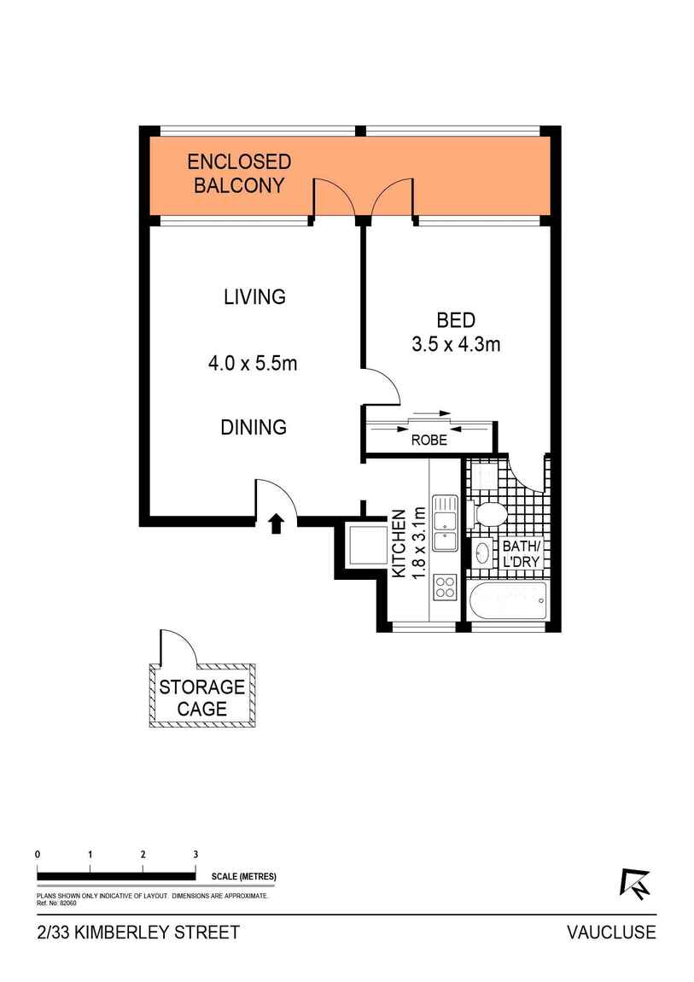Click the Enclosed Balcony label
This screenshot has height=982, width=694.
239,173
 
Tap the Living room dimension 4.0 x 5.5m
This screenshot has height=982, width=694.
253,364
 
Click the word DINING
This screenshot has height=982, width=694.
254,427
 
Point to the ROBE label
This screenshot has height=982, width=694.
429,441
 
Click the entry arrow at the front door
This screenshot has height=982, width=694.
276,523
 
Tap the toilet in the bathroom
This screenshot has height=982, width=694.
490,513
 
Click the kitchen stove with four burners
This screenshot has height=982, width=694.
445,587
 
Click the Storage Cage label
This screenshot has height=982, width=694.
202,697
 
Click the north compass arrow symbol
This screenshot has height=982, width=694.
634,883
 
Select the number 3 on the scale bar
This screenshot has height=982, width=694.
195,854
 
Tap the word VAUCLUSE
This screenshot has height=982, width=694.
611,932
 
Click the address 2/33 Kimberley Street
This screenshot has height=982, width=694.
138,932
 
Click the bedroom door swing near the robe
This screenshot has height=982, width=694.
382,386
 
